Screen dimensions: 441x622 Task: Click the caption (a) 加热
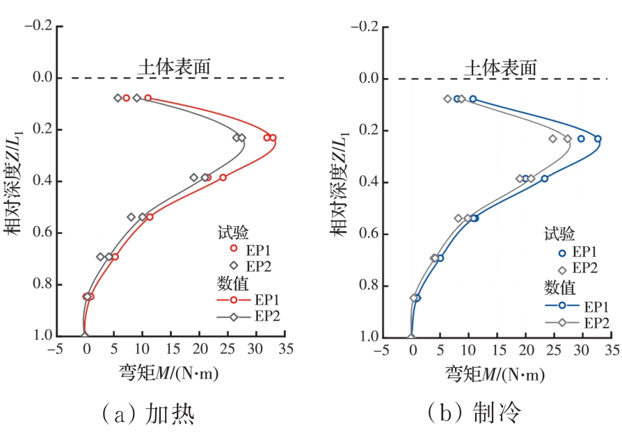(x=147, y=415)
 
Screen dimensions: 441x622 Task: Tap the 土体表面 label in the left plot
(x=174, y=67)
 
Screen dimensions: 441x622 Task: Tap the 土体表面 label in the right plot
(x=500, y=67)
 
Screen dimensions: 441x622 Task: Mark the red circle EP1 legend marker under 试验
(x=234, y=248)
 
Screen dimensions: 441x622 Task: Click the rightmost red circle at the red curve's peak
(x=273, y=138)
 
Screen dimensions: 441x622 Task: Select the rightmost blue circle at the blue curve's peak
(x=598, y=138)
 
